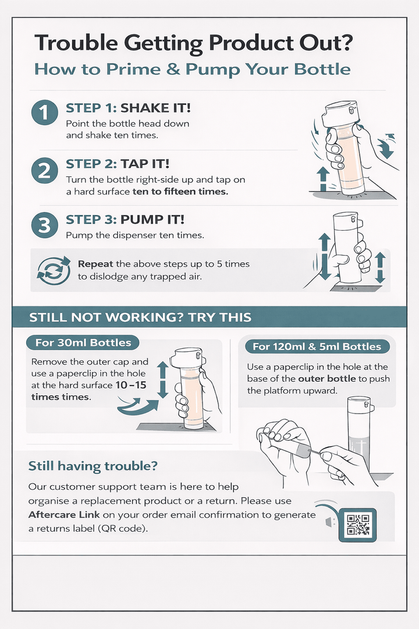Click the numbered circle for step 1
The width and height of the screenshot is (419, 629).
44,113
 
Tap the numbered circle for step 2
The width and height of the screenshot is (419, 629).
44,170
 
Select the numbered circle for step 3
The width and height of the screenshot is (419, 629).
44,225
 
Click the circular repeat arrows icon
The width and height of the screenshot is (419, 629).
54,270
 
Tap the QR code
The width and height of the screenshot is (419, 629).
358,525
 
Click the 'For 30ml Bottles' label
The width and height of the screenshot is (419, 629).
83,343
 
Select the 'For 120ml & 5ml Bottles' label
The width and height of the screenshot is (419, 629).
317,347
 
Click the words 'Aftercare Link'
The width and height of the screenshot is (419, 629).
64,515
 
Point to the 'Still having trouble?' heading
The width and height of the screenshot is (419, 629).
93,466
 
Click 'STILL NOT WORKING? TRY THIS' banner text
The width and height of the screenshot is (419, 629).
140,317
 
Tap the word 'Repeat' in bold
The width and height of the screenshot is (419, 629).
95,264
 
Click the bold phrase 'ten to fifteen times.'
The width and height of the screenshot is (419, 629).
180,192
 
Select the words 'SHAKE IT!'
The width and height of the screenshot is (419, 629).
155,108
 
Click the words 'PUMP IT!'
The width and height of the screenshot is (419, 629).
152,220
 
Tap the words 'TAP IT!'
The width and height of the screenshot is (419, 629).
145,164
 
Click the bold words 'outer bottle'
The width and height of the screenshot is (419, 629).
327,379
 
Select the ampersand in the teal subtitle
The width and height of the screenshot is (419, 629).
173,69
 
